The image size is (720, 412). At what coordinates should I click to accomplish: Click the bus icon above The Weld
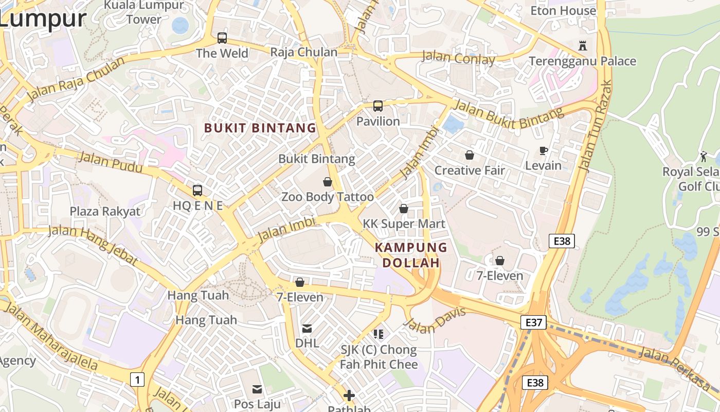[x=222, y=38]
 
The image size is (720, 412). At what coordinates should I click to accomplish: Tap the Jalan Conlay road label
[x=458, y=58]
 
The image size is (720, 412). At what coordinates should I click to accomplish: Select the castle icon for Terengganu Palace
[x=582, y=45]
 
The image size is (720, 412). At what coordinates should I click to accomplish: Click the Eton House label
[x=563, y=11]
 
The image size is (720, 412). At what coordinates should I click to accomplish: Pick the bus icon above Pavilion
[x=378, y=106]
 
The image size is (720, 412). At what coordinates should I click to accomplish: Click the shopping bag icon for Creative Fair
[x=469, y=155]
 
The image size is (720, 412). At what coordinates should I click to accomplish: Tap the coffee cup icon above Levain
[x=543, y=150]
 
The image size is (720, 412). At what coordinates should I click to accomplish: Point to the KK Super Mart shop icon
[x=404, y=209]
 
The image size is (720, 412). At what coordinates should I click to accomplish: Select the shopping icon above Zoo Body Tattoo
[x=327, y=182]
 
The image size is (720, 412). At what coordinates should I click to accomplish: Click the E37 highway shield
[x=533, y=322]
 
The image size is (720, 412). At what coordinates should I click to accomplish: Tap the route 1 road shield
[x=137, y=380]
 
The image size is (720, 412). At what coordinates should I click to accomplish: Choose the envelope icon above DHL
[x=307, y=328]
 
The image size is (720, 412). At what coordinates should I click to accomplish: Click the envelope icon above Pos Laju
[x=257, y=389]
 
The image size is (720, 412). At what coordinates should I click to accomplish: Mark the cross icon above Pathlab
[x=349, y=396]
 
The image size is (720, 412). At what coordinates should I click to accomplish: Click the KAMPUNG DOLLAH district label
[x=411, y=255]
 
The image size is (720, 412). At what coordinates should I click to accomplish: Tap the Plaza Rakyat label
[x=105, y=211]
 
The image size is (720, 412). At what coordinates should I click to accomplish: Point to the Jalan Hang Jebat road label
[x=93, y=245]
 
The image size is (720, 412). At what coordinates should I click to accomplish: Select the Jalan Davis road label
[x=435, y=320]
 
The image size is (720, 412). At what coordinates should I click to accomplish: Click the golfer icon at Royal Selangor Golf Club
[x=704, y=157]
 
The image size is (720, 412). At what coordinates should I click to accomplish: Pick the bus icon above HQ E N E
[x=197, y=191]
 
